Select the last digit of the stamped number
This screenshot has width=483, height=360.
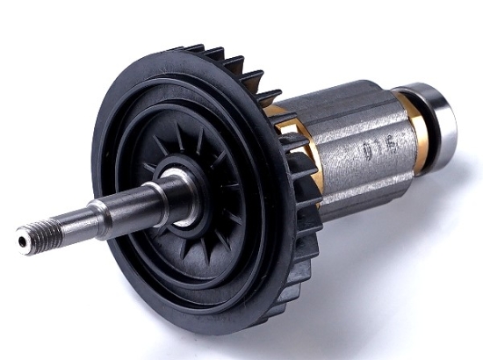386,145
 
